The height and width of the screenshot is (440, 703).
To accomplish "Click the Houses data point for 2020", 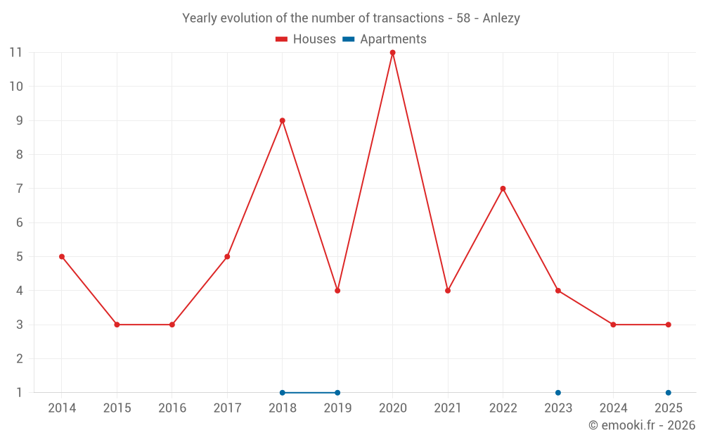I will [x=392, y=53].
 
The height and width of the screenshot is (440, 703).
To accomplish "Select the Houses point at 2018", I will [x=283, y=120].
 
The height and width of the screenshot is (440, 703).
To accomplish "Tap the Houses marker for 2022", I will [x=503, y=189].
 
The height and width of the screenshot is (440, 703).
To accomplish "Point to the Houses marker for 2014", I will [x=62, y=257].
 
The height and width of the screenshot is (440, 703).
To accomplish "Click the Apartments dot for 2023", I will [x=558, y=393].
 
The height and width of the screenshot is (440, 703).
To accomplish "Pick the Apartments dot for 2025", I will [x=668, y=393].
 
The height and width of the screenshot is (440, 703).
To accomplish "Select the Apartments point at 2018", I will [x=283, y=393].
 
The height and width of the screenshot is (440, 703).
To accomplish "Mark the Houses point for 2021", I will [x=448, y=291].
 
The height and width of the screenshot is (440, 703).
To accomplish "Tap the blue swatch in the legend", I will [x=349, y=39].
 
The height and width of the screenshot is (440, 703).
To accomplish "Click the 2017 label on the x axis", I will [x=227, y=408].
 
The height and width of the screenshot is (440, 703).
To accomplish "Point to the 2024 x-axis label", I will [x=613, y=408].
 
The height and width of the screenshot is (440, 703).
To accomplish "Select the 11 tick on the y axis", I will [x=15, y=53].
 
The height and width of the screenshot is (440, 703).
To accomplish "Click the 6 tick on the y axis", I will [x=19, y=222].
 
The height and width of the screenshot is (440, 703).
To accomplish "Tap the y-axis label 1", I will [x=19, y=393].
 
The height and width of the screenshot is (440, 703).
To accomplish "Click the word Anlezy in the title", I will [x=501, y=18].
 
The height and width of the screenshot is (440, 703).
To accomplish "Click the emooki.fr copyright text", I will [x=641, y=425].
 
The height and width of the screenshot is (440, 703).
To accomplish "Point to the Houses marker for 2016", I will [x=172, y=325].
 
